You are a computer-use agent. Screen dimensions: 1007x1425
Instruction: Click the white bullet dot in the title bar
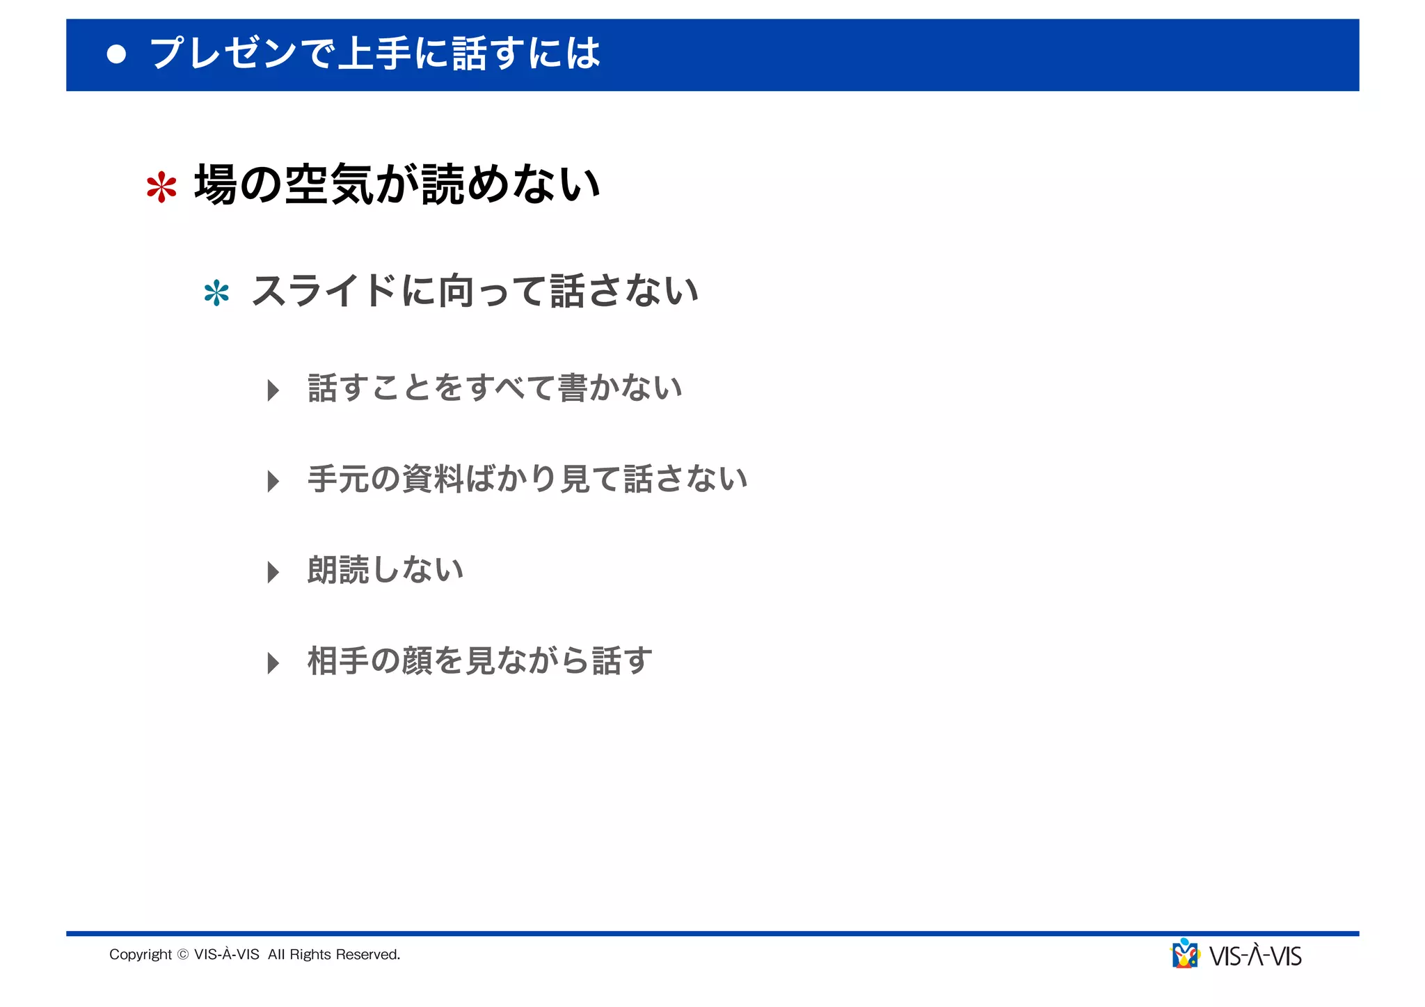point(117,54)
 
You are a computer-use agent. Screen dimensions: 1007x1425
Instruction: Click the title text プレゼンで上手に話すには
point(375,54)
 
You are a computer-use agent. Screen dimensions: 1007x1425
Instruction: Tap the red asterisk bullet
point(161,187)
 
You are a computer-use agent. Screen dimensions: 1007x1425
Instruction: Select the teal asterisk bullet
point(216,293)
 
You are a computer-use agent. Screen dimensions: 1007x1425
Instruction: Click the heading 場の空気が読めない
point(397,185)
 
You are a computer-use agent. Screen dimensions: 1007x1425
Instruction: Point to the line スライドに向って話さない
point(475,291)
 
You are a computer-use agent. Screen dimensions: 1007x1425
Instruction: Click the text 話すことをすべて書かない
point(495,388)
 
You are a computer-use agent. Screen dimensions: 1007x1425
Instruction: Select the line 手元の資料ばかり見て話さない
point(527,479)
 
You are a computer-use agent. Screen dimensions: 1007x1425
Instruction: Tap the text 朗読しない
point(385,570)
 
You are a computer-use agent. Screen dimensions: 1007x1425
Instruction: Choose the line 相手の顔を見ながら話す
point(480,661)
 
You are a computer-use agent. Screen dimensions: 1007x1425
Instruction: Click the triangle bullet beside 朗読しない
point(273,572)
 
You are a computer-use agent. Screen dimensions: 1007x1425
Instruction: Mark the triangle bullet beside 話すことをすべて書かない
point(273,390)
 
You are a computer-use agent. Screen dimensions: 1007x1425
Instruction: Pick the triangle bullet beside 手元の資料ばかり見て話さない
point(273,481)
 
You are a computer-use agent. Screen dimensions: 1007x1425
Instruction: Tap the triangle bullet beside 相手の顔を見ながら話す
point(273,663)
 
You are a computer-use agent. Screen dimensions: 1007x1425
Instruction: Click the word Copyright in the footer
point(140,955)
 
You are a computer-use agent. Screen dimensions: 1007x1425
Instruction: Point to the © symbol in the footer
point(183,955)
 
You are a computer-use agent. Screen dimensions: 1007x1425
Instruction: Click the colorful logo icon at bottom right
point(1185,954)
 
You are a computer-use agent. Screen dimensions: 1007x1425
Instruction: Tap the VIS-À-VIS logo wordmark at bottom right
point(1255,956)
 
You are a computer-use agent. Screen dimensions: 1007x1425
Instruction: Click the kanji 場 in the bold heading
point(216,185)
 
